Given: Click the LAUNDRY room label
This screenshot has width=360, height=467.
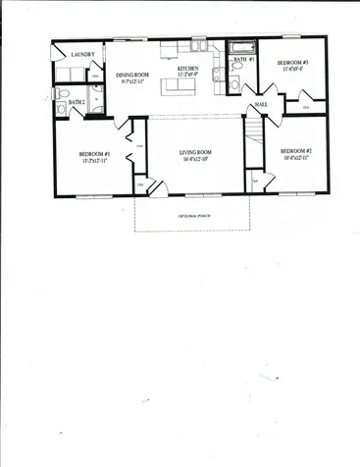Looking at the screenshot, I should tap(82, 55).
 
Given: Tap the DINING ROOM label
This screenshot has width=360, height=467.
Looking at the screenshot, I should tap(131, 75).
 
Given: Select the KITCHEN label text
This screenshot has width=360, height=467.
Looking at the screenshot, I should tap(187, 70).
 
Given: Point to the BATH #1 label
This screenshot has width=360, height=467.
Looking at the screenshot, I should tap(244, 60).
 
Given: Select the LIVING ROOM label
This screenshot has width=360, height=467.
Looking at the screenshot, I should tap(196, 152).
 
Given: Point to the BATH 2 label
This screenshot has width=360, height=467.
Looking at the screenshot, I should tap(77, 102).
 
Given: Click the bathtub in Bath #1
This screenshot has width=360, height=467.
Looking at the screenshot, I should tap(241, 47).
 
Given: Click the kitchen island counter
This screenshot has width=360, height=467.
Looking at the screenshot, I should tap(179, 86).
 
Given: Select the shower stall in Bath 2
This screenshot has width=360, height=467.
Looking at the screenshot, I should tap(97, 101).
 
